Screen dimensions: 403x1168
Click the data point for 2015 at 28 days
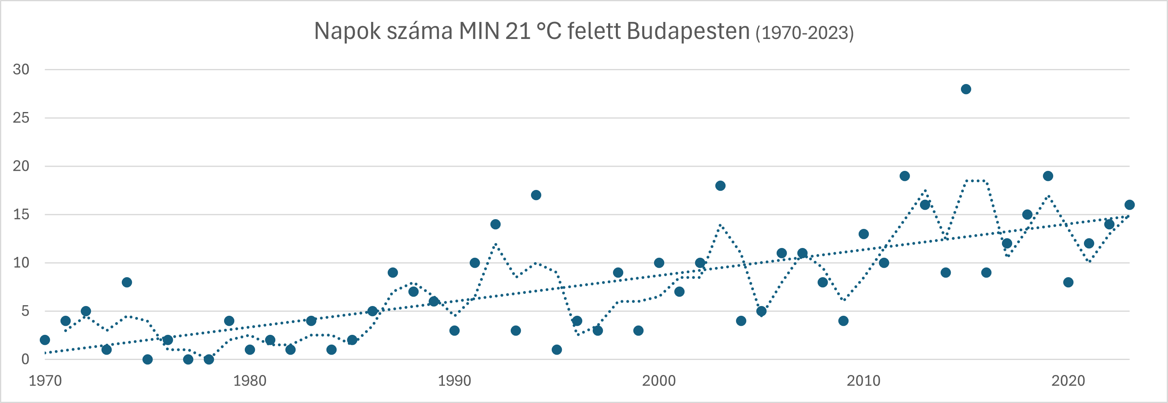[966, 89]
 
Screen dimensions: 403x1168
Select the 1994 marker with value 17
[536, 195]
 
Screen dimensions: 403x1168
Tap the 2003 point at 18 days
[721, 186]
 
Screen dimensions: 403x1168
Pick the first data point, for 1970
[45, 340]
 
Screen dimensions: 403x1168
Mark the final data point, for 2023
[1129, 205]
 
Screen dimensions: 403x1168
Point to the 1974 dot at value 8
[127, 282]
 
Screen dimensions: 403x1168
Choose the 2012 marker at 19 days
[905, 176]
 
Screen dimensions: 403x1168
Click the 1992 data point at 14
[495, 224]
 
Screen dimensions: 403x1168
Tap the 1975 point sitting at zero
[147, 360]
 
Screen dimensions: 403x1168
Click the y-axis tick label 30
[21, 69]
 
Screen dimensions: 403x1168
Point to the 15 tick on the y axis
[21, 214]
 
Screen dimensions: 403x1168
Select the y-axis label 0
[25, 360]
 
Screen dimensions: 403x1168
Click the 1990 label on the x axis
[454, 381]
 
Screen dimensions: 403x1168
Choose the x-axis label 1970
[45, 381]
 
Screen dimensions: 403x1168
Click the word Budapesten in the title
[688, 32]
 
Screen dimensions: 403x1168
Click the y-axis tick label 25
[21, 118]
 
